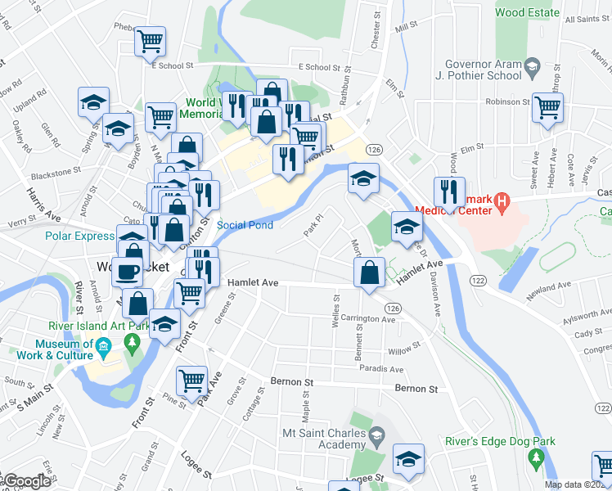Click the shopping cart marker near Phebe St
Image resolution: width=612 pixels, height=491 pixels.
coord(151,40)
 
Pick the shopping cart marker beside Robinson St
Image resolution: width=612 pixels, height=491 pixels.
coord(547,106)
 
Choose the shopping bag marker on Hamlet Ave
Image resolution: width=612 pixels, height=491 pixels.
coord(370,273)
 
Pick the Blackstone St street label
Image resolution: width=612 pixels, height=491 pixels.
coord(56,174)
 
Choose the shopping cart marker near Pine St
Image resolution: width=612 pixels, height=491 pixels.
coord(191,379)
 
